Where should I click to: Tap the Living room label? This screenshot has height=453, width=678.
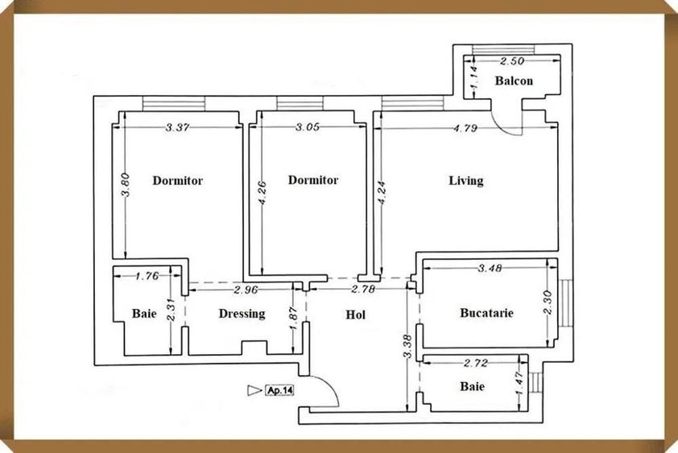466,180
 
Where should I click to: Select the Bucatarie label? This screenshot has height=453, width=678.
486,312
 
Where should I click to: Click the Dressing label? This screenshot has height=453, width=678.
242,314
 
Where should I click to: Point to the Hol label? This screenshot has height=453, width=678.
355,315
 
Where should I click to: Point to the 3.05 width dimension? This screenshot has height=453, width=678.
308,127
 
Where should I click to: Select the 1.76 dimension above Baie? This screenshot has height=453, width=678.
146,277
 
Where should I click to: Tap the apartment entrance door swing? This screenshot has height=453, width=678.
325,390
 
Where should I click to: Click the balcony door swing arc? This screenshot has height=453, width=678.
511,121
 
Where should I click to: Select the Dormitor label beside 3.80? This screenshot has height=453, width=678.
177,180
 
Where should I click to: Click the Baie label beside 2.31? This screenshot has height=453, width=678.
145,314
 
